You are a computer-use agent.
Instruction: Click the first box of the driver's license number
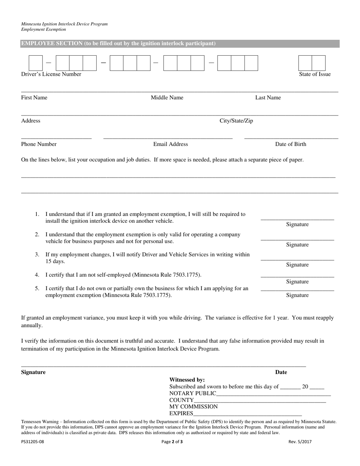pos(36,63)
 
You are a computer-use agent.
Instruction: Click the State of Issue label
pos(315,74)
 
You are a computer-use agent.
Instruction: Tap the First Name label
pos(34,98)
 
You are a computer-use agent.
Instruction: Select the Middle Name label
pos(167,98)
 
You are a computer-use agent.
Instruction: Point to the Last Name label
pos(268,98)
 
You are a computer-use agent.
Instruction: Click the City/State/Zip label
pos(236,121)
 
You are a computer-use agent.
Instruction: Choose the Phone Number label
pos(39,144)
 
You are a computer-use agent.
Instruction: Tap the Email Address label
pos(171,144)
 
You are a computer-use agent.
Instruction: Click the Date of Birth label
pos(291,144)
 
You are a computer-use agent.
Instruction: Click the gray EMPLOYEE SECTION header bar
pos(180,44)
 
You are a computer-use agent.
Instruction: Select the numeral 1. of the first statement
pos(37,214)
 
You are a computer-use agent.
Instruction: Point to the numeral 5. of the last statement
pos(37,288)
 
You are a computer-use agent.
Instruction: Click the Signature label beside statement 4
pos(297,282)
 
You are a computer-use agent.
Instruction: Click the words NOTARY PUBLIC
pos(193,393)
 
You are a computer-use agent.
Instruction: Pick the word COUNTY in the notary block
pos(182,400)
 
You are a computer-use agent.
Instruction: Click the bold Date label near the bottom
pos(281,372)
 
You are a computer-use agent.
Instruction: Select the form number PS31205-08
pos(33,441)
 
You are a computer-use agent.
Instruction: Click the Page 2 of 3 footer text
pos(172,441)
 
